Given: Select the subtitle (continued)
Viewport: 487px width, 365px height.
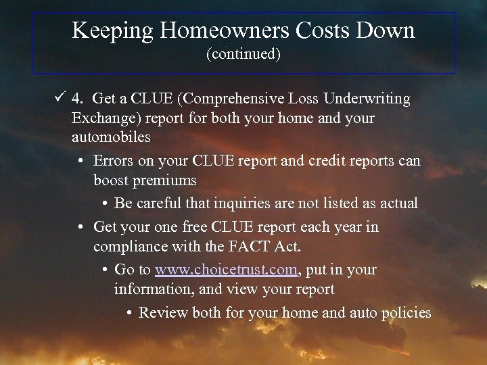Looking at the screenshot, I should point(243,54).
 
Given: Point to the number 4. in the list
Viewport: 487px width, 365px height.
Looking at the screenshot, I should point(78,99).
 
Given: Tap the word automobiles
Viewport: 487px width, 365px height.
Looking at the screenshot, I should point(111,137).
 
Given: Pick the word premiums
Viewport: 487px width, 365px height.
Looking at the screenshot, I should point(166,180).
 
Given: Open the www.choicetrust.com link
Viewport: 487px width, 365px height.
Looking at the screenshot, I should point(226,270).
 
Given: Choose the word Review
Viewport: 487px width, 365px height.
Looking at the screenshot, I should point(163,312).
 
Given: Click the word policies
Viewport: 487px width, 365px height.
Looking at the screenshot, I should point(408,312).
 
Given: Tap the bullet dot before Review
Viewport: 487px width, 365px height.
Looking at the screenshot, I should point(129,312).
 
